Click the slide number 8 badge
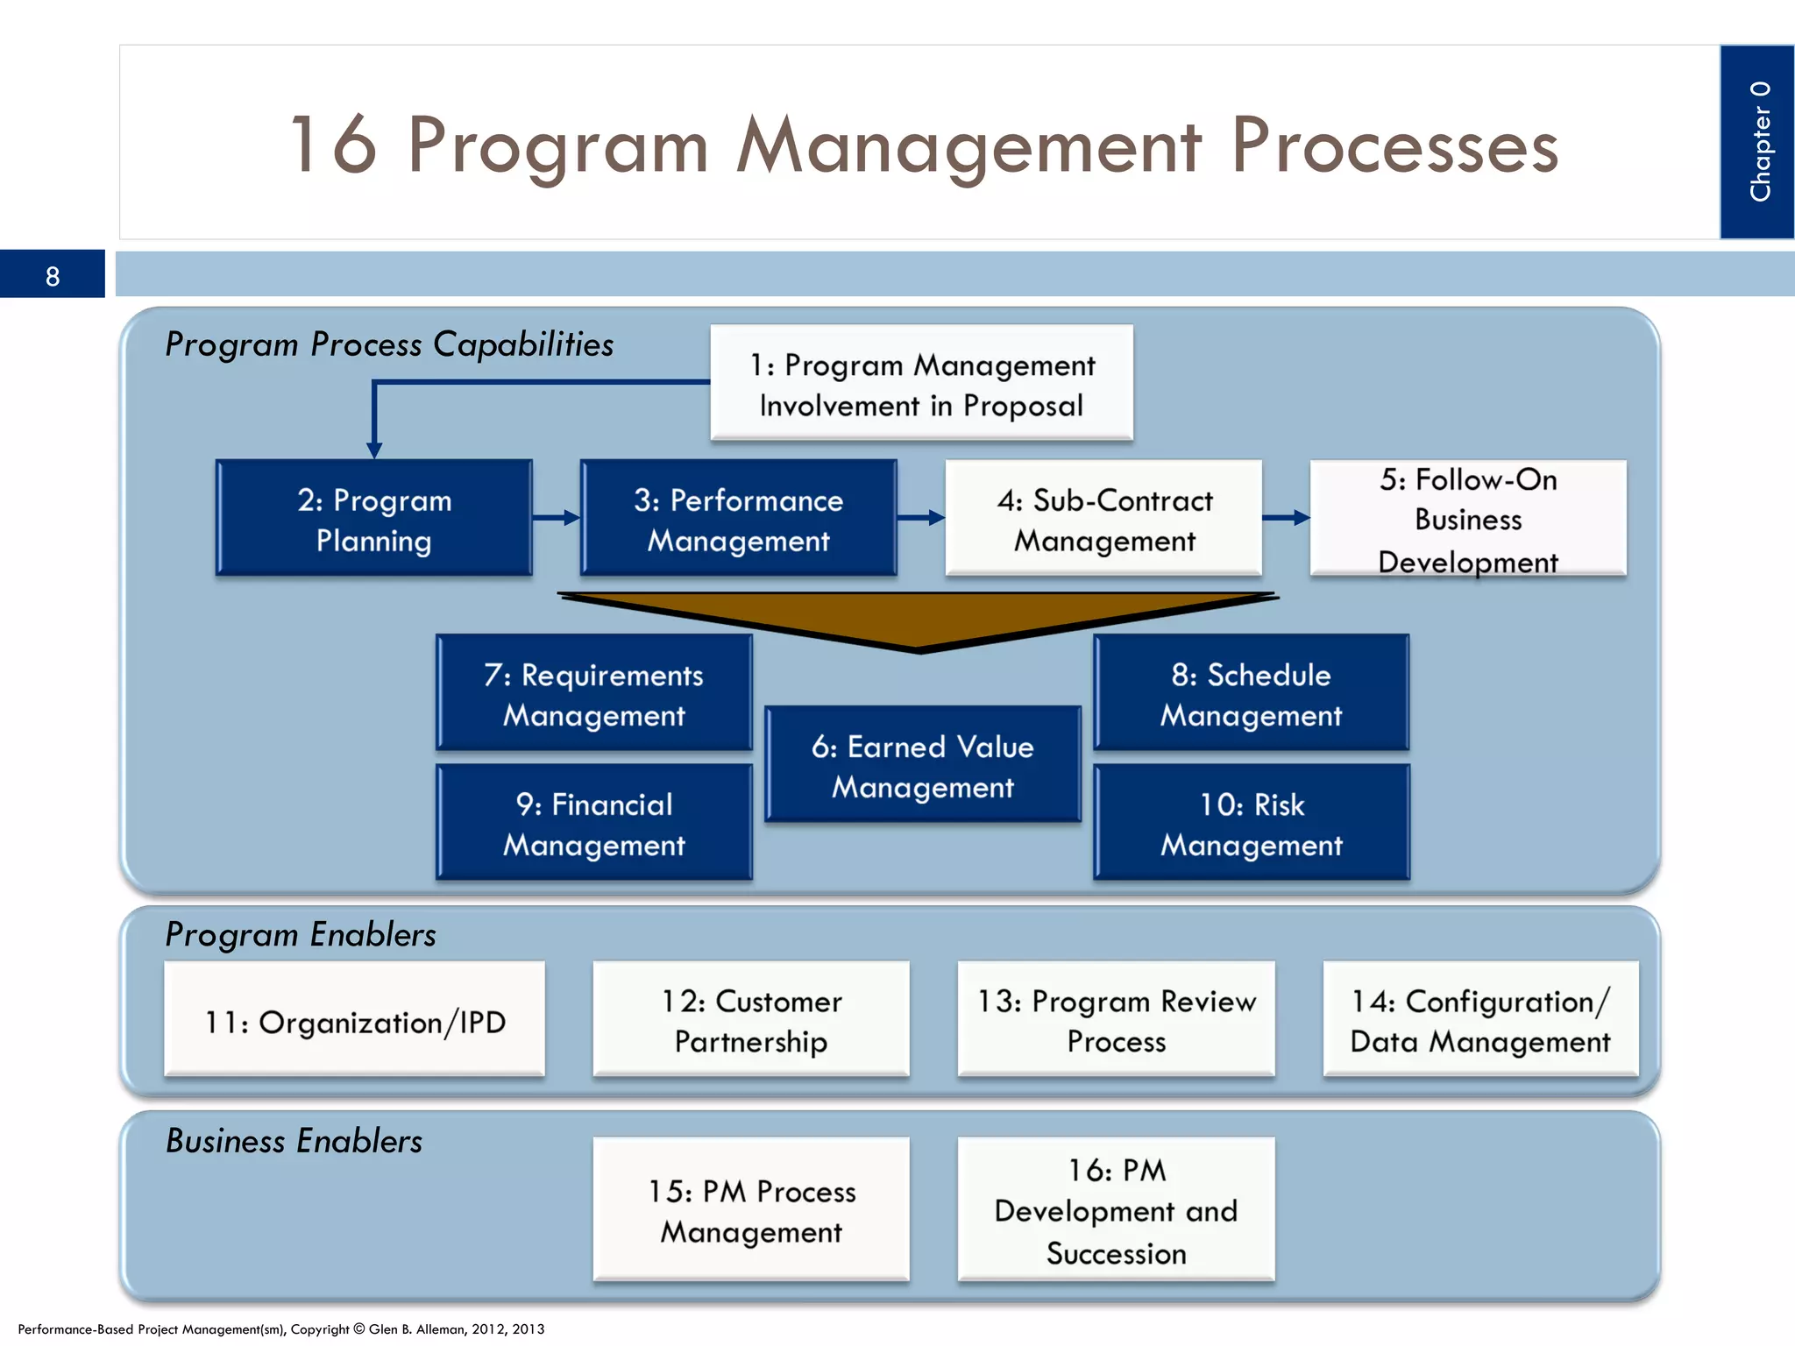(x=53, y=275)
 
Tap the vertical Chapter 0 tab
(x=1756, y=142)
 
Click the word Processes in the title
(x=1394, y=145)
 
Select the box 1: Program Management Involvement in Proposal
(x=921, y=384)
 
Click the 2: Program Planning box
(x=374, y=519)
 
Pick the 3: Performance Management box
(x=738, y=519)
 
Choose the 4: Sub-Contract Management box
(x=1103, y=519)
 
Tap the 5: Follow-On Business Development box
(x=1468, y=519)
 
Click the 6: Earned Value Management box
(x=922, y=765)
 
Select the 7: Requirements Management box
(x=594, y=693)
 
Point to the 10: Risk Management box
(x=1252, y=823)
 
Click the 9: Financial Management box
(x=594, y=823)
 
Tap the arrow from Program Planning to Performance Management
(x=557, y=518)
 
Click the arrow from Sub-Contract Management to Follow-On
(x=1286, y=518)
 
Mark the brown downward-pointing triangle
(x=919, y=619)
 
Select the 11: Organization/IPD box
(x=354, y=1020)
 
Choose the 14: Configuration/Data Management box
(x=1480, y=1020)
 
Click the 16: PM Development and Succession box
(x=1116, y=1210)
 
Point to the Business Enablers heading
(x=294, y=1141)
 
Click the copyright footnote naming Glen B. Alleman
(x=280, y=1329)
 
